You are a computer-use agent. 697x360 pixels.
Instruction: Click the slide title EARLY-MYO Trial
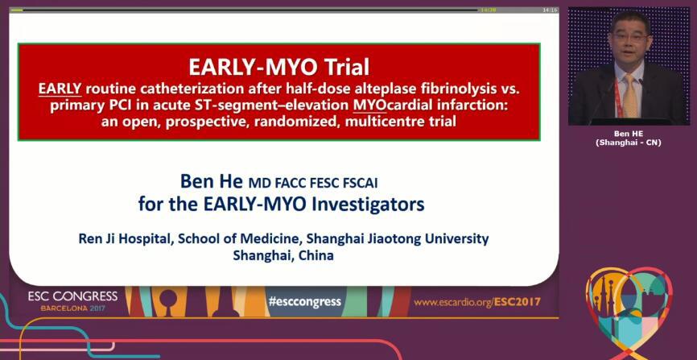[278, 67]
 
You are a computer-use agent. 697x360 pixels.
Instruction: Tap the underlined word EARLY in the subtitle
[60, 89]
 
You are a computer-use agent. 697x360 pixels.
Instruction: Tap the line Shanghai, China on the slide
[283, 255]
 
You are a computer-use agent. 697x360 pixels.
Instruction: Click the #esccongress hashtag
[304, 302]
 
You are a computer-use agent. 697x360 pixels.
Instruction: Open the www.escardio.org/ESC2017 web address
[477, 302]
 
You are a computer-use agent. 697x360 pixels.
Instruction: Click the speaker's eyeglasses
[629, 37]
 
